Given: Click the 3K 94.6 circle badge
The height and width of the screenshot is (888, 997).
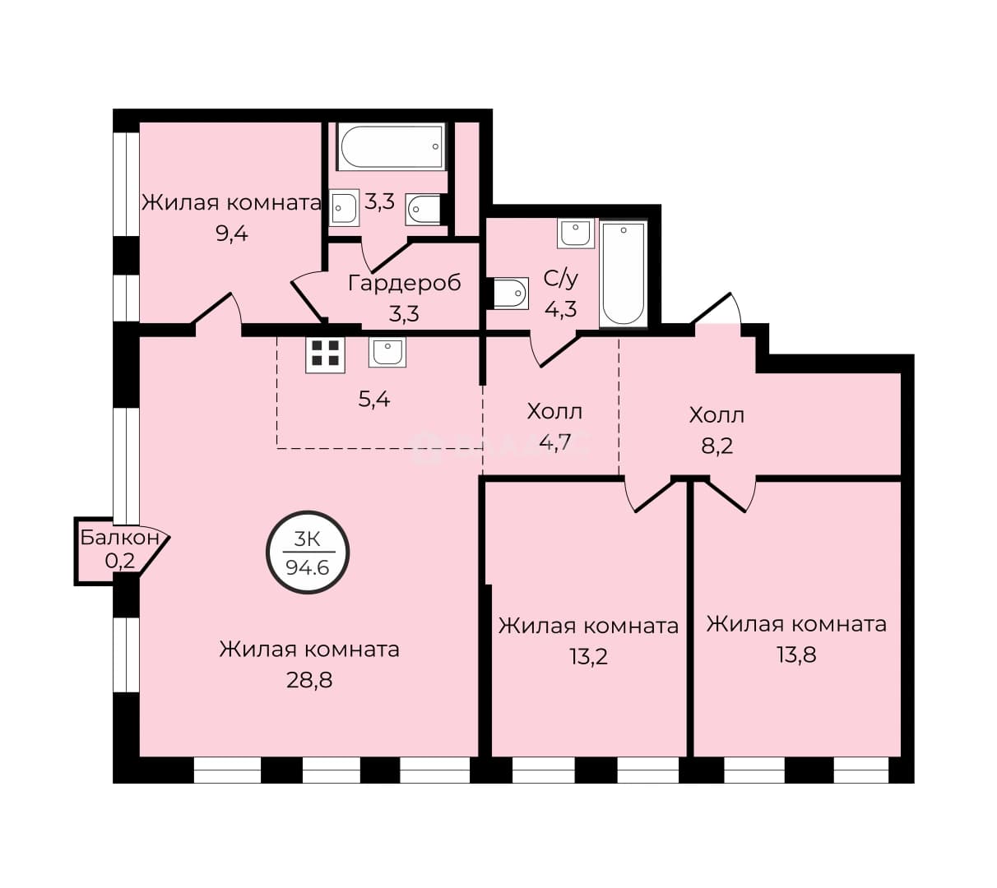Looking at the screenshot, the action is (307, 553).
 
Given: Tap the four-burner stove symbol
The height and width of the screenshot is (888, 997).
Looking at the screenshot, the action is (325, 354).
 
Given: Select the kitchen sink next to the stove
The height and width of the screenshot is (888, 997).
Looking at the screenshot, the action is (387, 351).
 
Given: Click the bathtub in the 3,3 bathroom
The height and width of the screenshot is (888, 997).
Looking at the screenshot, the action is (392, 146).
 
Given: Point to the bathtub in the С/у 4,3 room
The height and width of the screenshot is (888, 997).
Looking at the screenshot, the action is (623, 274).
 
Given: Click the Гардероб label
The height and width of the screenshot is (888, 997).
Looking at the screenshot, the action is (405, 283).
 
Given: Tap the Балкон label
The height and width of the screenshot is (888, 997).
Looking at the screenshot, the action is (119, 537).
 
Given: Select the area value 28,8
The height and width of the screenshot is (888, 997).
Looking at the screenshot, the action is (309, 681).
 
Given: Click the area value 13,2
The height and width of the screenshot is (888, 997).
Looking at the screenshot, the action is (588, 656).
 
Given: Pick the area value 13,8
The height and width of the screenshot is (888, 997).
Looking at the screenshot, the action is (796, 654).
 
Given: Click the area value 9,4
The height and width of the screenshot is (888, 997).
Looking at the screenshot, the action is (232, 234).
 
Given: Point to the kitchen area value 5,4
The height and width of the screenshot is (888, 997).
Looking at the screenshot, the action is (374, 399).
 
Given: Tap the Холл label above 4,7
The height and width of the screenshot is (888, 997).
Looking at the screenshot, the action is (554, 412).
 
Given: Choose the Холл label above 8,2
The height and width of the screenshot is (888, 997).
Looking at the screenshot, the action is (716, 416).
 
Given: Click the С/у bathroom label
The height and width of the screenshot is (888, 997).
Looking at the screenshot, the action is (560, 279).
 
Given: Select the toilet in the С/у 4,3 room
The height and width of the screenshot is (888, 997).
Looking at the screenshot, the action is (508, 294).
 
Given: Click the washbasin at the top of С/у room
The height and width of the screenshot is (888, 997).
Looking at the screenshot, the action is (576, 234).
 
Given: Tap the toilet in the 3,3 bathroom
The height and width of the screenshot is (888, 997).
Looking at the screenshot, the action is (425, 210).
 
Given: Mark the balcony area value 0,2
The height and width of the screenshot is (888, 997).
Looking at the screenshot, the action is (120, 561).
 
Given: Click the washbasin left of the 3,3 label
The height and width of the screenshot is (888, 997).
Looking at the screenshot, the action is (344, 208).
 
